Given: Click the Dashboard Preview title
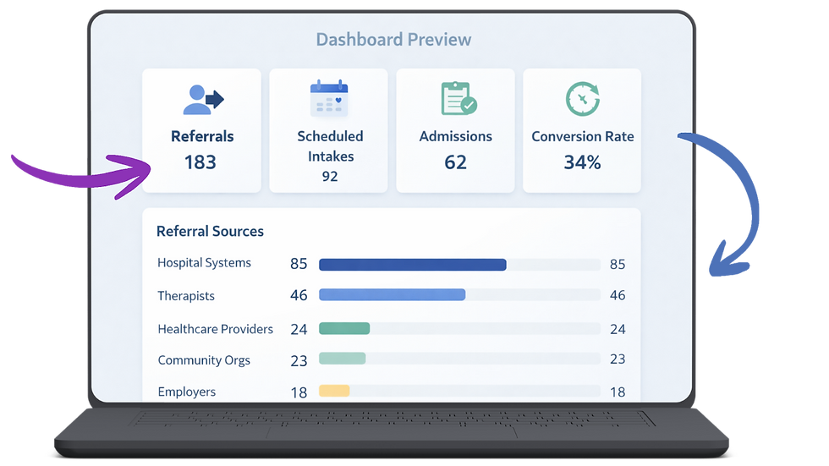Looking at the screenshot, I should pyautogui.click(x=393, y=40).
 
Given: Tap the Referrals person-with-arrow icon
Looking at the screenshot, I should pyautogui.click(x=202, y=99).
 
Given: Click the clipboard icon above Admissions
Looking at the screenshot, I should pyautogui.click(x=458, y=99).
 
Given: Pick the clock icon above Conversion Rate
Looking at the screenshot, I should pyautogui.click(x=582, y=99).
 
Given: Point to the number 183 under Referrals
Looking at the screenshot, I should pyautogui.click(x=200, y=162).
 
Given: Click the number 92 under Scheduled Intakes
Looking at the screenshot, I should pyautogui.click(x=329, y=176).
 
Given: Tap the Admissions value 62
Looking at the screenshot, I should pyautogui.click(x=455, y=162).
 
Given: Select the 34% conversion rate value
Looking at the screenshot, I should pyautogui.click(x=582, y=162).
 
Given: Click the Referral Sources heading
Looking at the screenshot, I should pyautogui.click(x=210, y=231).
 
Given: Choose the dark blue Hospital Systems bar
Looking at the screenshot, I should pyautogui.click(x=412, y=265).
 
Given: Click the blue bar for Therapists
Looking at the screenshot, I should pyautogui.click(x=392, y=295).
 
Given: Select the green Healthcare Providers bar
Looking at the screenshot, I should pyautogui.click(x=344, y=328).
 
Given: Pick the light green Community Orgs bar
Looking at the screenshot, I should pyautogui.click(x=342, y=359).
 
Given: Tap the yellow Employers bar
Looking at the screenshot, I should pyautogui.click(x=334, y=391).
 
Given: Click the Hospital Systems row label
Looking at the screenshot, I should pyautogui.click(x=204, y=263).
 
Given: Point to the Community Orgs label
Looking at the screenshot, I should pyautogui.click(x=204, y=360).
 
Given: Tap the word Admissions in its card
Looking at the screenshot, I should pyautogui.click(x=455, y=136).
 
